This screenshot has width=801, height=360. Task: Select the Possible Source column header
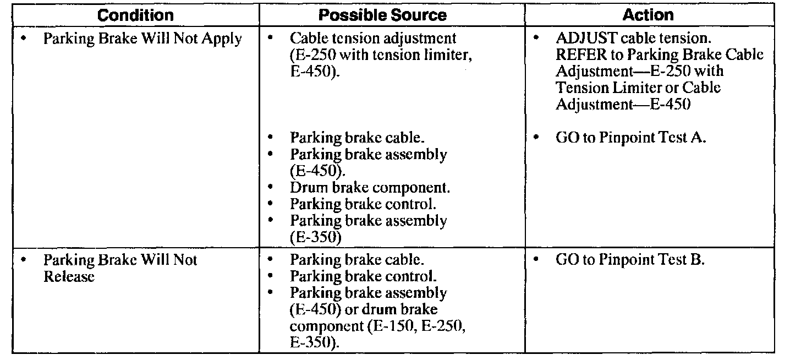point(383,15)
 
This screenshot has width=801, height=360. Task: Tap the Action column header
point(649,15)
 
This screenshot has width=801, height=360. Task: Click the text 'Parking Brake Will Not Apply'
point(142,40)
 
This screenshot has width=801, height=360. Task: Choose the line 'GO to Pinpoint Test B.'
point(630,260)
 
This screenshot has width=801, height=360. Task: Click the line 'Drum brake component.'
point(370,188)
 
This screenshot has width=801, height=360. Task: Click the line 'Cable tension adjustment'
point(373,40)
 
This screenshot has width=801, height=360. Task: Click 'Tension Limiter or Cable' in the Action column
point(638,88)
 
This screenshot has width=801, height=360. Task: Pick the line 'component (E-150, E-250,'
point(378,326)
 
